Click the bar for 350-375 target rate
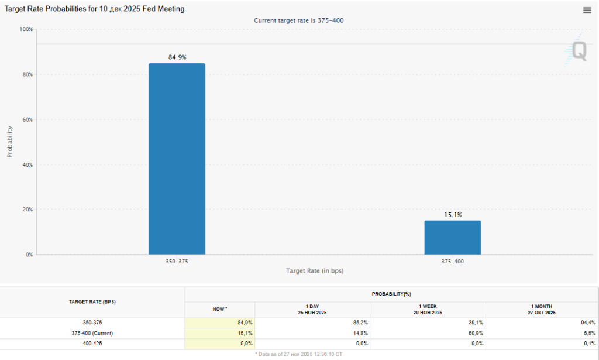[x=177, y=159]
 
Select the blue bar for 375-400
[x=453, y=238]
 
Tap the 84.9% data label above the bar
[x=177, y=57]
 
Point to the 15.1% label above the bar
[x=453, y=215]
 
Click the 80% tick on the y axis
[x=26, y=74]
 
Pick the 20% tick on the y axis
[x=26, y=210]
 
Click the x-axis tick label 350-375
[x=177, y=262]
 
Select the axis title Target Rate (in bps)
[x=315, y=271]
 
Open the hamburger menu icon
[x=587, y=10]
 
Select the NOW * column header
[x=219, y=309]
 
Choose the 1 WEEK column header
[x=428, y=309]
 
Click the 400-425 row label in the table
[x=92, y=344]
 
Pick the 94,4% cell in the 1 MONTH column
[x=587, y=323]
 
